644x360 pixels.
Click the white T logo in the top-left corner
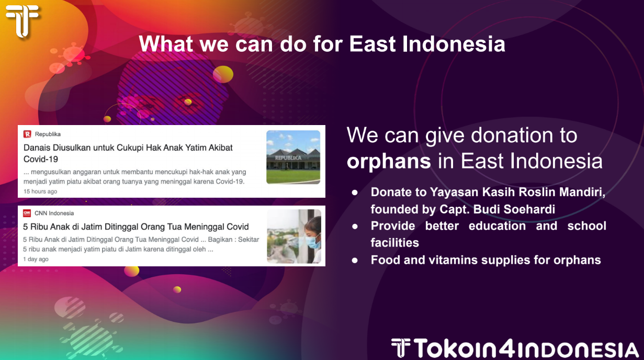click(x=22, y=21)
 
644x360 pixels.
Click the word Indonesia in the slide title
click(x=454, y=44)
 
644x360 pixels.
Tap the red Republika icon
click(x=27, y=134)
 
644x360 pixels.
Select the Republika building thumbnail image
click(x=293, y=157)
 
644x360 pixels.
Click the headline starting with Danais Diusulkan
click(x=128, y=153)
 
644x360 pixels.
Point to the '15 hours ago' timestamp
click(x=40, y=192)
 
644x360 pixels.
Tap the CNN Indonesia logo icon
click(x=27, y=213)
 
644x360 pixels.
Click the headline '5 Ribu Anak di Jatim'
click(x=135, y=227)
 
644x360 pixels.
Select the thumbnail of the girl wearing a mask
click(x=294, y=237)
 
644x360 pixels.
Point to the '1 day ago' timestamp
click(x=36, y=259)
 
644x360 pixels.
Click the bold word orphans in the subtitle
click(x=389, y=162)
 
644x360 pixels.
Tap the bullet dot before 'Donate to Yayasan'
click(x=355, y=193)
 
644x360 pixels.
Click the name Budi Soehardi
click(x=514, y=209)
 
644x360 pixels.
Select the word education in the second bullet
click(x=497, y=226)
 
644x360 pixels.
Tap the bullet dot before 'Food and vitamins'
click(x=355, y=261)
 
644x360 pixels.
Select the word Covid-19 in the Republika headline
click(x=41, y=159)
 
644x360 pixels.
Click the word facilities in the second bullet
click(x=395, y=243)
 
